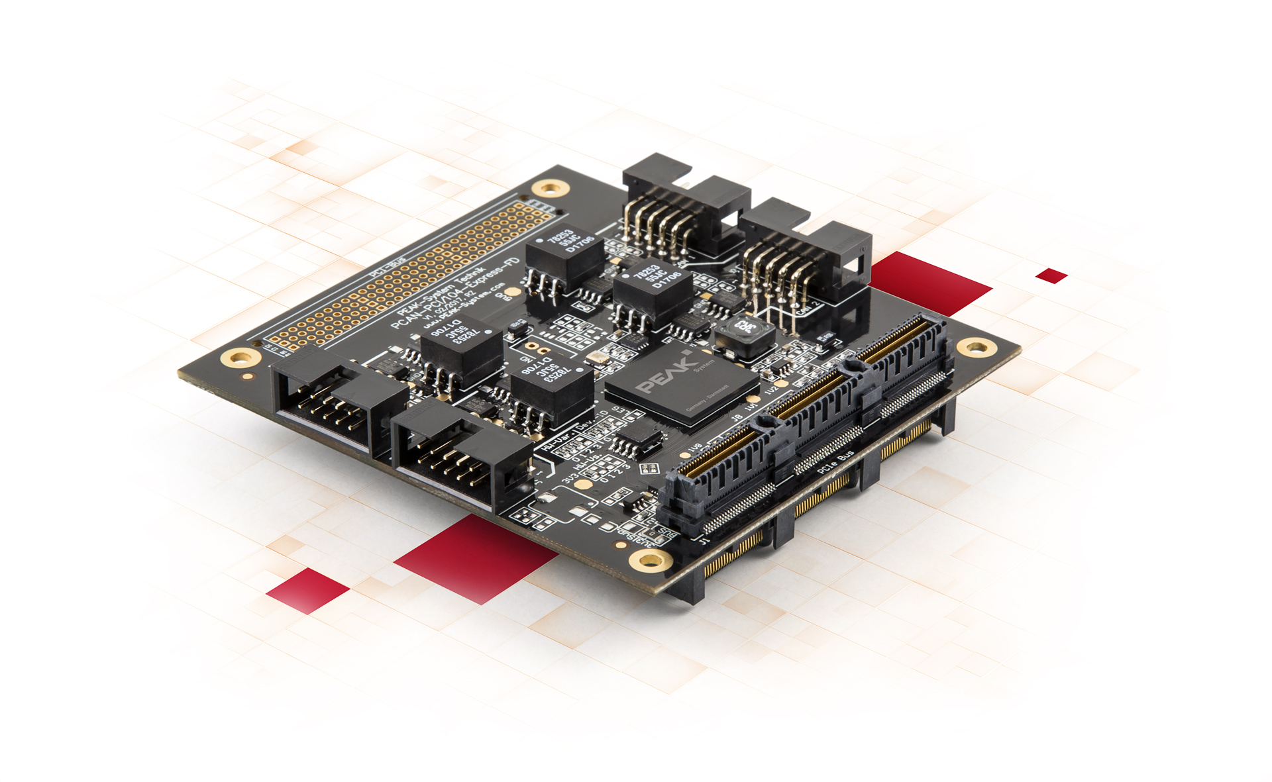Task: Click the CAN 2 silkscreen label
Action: pyautogui.click(x=808, y=307)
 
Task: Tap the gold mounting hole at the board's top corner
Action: pyautogui.click(x=551, y=188)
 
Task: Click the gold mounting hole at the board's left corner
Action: pyautogui.click(x=240, y=358)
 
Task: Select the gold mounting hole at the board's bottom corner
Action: pyautogui.click(x=650, y=561)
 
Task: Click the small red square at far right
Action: pyautogui.click(x=1051, y=275)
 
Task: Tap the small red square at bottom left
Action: pyautogui.click(x=307, y=589)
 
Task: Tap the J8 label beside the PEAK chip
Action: pyautogui.click(x=736, y=418)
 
